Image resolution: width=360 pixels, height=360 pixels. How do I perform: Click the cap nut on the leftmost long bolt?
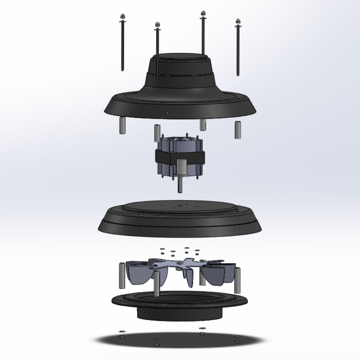(122, 16)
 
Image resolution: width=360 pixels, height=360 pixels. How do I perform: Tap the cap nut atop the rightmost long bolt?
(238, 21)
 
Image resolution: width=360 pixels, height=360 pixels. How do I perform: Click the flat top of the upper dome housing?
(180, 58)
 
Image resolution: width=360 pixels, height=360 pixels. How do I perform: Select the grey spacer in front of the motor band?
(181, 167)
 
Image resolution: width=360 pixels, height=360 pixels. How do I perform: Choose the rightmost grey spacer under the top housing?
(238, 130)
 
